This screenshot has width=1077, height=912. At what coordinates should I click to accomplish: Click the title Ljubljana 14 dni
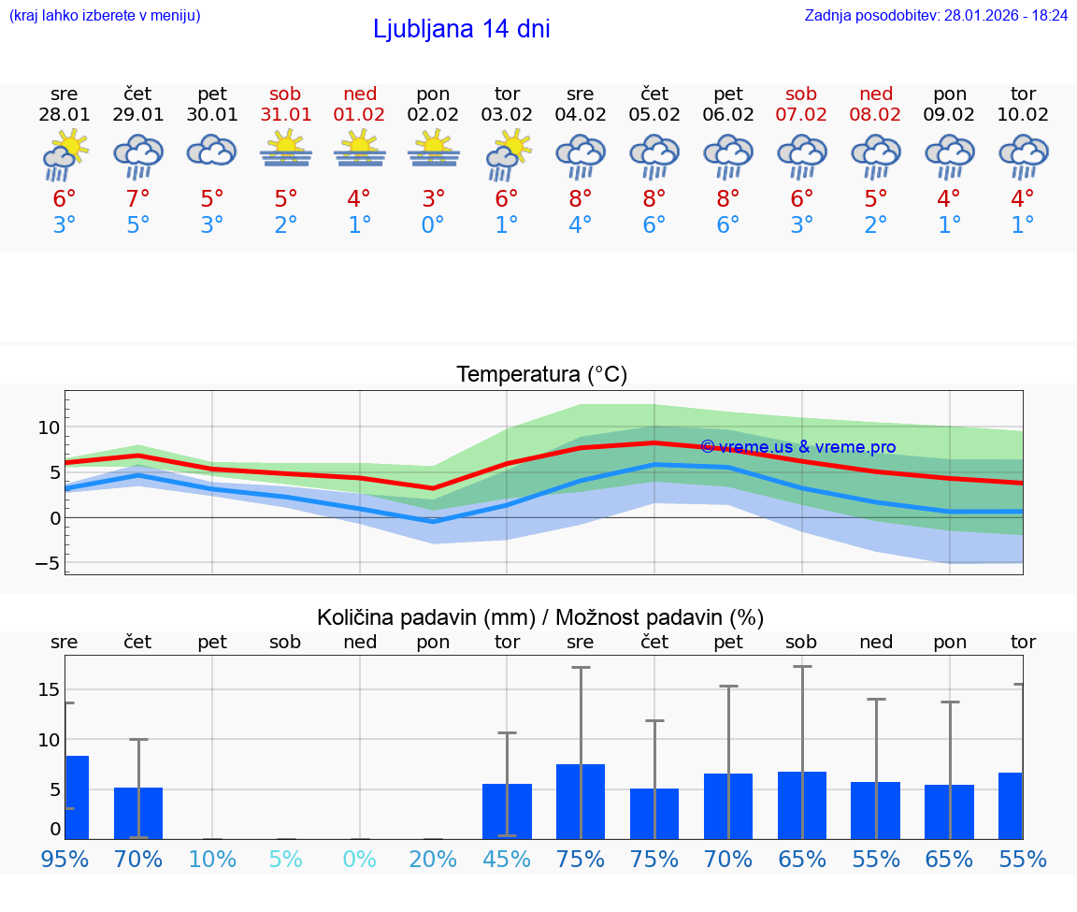(461, 29)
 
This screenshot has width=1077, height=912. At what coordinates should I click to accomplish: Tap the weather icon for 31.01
(285, 150)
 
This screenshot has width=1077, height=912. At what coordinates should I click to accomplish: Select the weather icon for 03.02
(507, 153)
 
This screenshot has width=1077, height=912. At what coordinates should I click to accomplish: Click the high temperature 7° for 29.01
(137, 198)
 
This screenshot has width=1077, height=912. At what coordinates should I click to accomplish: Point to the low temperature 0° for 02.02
(433, 224)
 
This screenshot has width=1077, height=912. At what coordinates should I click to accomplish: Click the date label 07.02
(801, 114)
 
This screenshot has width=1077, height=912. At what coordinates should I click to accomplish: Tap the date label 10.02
(1023, 114)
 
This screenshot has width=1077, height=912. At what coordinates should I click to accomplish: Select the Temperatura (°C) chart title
(541, 375)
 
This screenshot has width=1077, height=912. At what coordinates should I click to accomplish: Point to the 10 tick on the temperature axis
(49, 427)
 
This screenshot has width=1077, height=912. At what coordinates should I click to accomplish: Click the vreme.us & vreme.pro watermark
(797, 447)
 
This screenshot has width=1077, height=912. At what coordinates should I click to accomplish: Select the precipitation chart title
(540, 617)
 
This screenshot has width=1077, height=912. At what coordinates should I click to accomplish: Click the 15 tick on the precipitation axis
(49, 689)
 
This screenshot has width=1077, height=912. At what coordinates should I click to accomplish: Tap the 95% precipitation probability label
(65, 859)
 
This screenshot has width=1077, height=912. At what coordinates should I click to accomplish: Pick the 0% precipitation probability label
(359, 859)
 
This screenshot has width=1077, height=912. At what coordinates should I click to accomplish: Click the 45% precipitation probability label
(507, 859)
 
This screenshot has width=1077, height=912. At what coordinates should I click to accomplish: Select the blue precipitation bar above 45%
(507, 811)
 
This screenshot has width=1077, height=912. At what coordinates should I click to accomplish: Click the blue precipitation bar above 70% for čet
(138, 813)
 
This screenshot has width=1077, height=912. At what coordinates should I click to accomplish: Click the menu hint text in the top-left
(105, 15)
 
